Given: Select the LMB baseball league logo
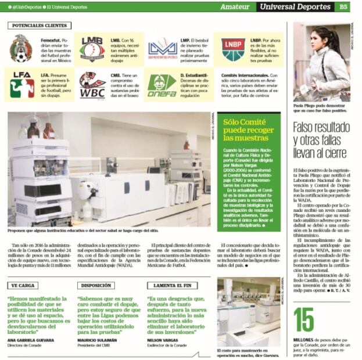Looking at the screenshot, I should tap(92, 49).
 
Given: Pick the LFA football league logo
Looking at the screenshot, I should tap(21, 84).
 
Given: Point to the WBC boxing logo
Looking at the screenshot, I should tap(92, 85).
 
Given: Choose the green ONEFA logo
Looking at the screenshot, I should tap(162, 85).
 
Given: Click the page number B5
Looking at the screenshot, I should tap(343, 7).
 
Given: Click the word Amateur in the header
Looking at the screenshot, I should tap(235, 7).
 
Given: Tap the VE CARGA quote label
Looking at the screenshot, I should tap(23, 286).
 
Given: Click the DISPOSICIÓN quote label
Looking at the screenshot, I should tap(96, 286).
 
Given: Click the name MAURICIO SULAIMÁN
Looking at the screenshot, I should tap(97, 340).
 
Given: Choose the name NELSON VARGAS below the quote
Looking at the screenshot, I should tap(164, 340).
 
